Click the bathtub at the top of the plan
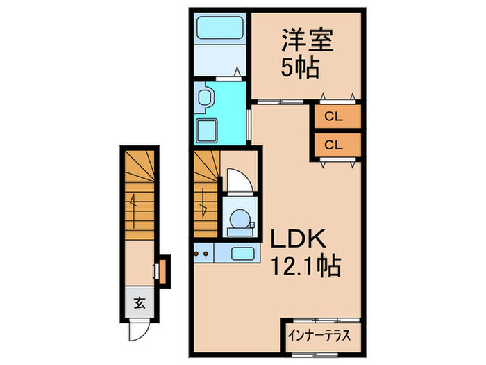218,29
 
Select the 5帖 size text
300,68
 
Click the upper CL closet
335,117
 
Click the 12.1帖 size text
301,264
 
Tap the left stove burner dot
198,254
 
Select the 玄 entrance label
140,303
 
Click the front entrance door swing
137,330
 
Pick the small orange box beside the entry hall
162,270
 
